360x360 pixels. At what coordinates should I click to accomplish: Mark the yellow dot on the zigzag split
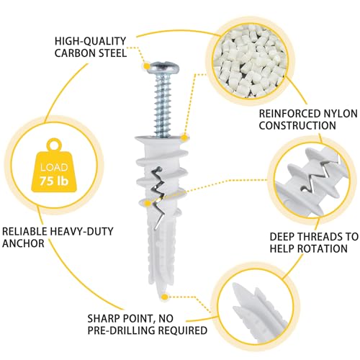148,204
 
